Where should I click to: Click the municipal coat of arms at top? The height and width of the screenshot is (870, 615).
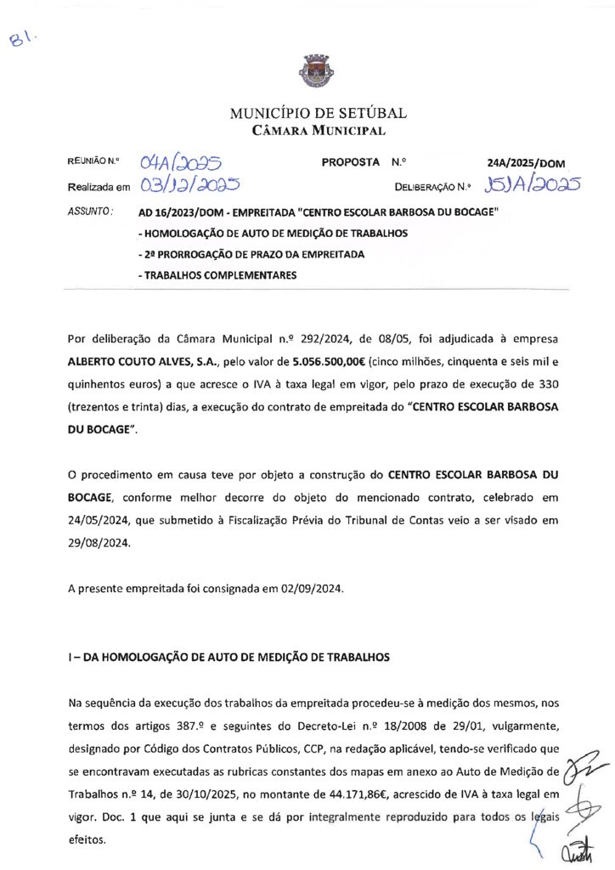(307, 69)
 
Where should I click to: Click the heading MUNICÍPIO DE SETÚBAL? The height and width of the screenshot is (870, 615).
(319, 113)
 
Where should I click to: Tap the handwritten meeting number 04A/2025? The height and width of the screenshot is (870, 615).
(180, 161)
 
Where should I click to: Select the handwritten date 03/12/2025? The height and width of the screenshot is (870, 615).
(190, 184)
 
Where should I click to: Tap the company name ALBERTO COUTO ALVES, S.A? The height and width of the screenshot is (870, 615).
(136, 360)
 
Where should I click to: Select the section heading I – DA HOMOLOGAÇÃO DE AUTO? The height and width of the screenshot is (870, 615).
(229, 657)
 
